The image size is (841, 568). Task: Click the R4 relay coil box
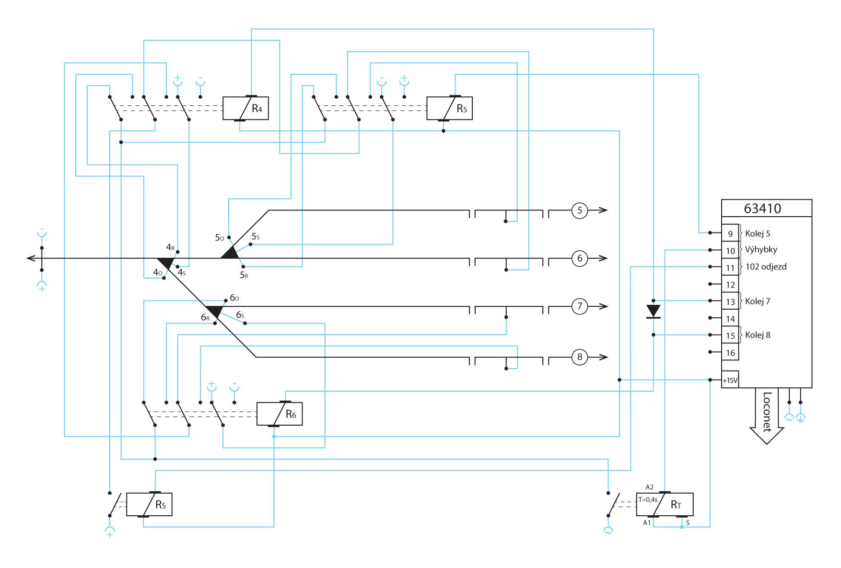[245, 108]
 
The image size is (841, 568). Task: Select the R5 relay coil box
[449, 108]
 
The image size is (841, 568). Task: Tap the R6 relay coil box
[280, 414]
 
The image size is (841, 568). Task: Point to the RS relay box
[149, 504]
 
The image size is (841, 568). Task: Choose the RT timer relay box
[665, 504]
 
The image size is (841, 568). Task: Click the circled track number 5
[580, 210]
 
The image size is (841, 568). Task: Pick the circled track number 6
[580, 259]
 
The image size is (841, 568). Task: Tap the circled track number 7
[580, 306]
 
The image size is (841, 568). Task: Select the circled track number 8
[580, 357]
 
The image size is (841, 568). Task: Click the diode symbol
[654, 312]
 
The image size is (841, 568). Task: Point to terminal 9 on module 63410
[730, 233]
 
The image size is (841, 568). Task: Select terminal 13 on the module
[730, 301]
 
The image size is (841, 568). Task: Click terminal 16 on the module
[730, 353]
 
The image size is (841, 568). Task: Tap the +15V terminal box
[730, 380]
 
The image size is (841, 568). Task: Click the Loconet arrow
[767, 415]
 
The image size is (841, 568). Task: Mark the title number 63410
[762, 209]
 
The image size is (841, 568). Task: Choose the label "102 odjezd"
[766, 267]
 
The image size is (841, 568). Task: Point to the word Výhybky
[761, 250]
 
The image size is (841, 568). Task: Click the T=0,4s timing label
[648, 500]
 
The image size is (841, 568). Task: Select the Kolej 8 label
[758, 335]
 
